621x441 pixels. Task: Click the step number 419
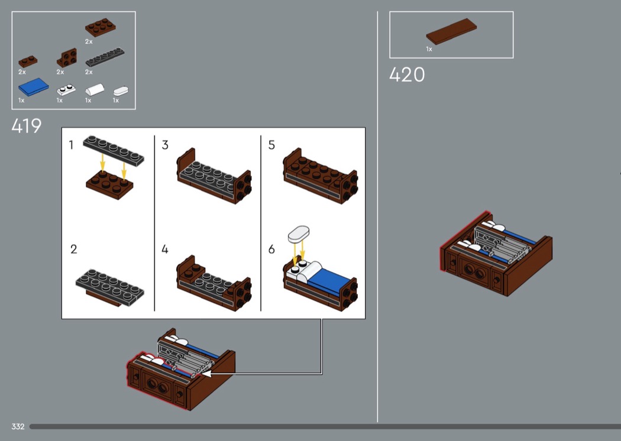[27, 126]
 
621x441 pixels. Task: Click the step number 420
[407, 74]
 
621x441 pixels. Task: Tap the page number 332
[18, 426]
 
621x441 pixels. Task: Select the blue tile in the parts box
[33, 87]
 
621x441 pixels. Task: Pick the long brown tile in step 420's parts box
[451, 31]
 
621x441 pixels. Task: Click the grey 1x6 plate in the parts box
[105, 57]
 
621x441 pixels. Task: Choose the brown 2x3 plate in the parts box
[101, 27]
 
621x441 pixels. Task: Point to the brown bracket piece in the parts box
[67, 58]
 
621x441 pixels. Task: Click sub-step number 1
[72, 145]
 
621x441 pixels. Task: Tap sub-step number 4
[165, 249]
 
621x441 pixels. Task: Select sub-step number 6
[271, 249]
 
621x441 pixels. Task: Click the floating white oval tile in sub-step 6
[299, 234]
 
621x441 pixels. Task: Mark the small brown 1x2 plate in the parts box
[28, 61]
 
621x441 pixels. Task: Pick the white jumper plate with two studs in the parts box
[66, 90]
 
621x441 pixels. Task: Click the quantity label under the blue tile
[21, 100]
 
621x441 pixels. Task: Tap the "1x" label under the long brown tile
[429, 49]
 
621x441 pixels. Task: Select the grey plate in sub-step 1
[114, 150]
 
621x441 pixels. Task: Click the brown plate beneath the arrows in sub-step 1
[109, 184]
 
